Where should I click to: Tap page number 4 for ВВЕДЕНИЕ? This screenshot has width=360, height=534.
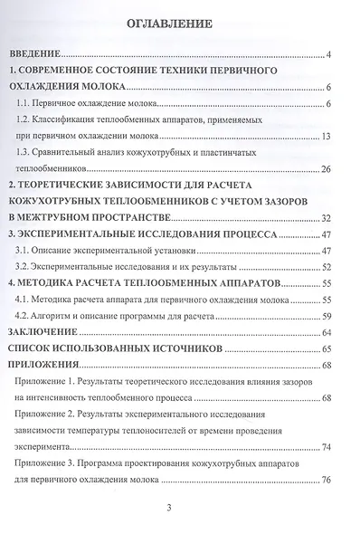click(x=331, y=57)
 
